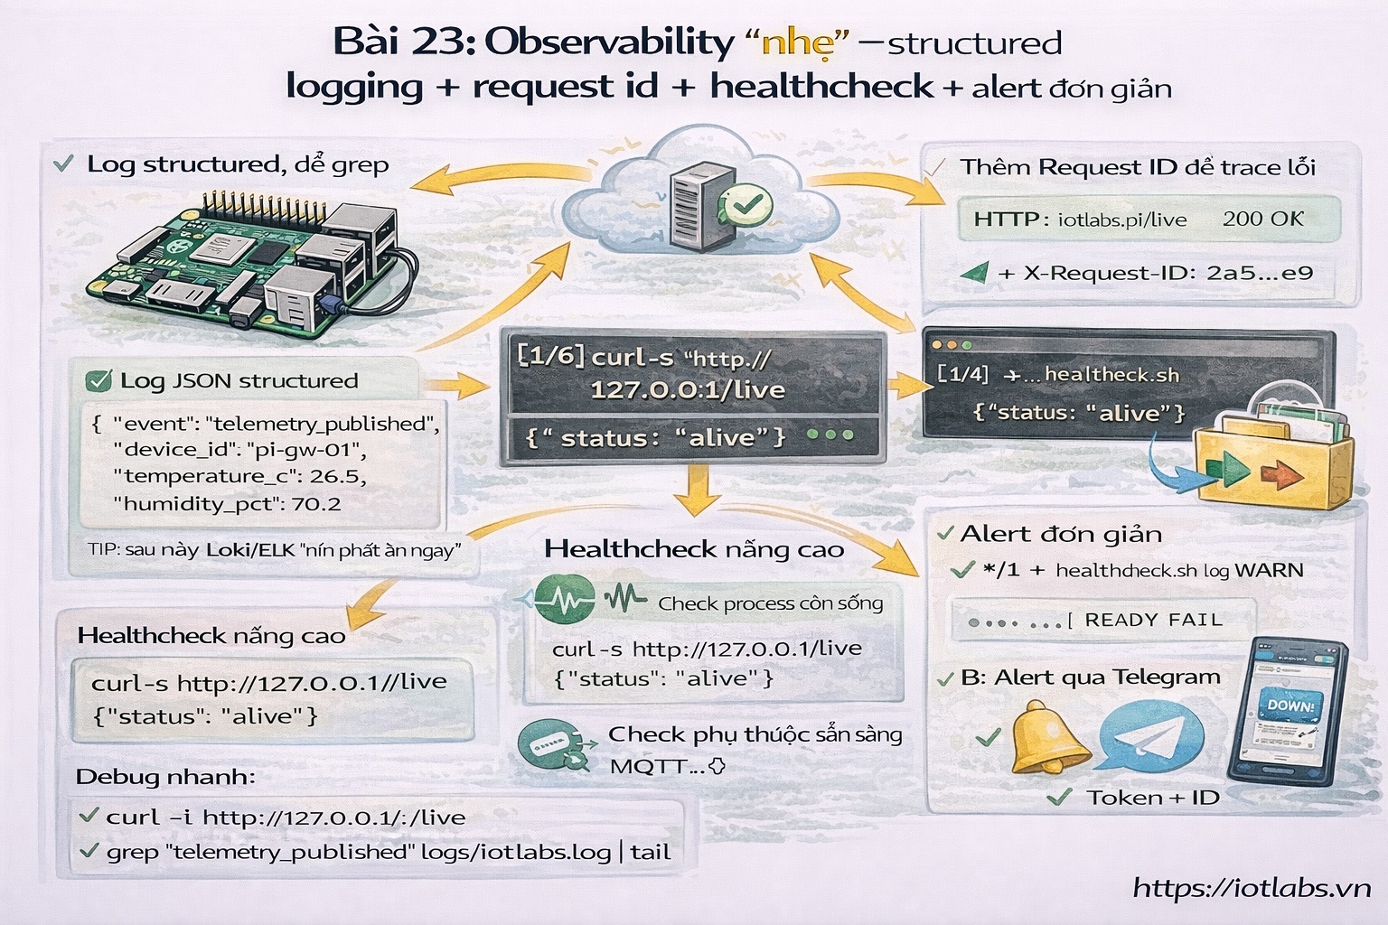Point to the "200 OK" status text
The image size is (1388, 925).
click(x=1263, y=219)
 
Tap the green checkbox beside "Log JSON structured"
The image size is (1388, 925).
click(x=98, y=381)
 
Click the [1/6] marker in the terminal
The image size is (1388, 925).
click(x=550, y=355)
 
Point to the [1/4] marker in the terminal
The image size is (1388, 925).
click(x=962, y=374)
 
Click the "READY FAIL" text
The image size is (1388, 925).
click(x=1153, y=621)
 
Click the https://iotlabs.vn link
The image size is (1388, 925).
click(x=1252, y=888)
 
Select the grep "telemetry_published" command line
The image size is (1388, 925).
click(x=388, y=852)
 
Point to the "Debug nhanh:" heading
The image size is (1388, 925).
click(x=165, y=777)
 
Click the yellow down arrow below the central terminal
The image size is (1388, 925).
click(x=696, y=492)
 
